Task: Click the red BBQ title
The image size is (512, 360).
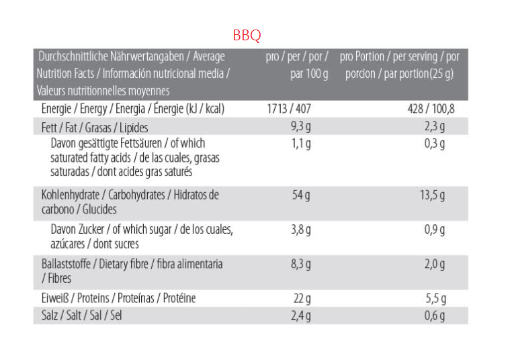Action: click(247, 36)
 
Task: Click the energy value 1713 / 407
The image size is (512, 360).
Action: click(289, 109)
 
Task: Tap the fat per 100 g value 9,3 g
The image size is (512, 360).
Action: click(300, 128)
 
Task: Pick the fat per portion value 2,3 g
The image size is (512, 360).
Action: click(435, 128)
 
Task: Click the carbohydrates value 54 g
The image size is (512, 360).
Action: click(300, 195)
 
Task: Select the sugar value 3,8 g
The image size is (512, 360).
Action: click(300, 230)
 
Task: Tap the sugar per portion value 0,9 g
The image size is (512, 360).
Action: click(435, 230)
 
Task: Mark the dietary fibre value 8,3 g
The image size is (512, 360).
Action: click(300, 265)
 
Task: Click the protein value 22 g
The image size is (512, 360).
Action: click(302, 298)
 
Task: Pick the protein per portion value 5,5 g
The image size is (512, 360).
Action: click(435, 298)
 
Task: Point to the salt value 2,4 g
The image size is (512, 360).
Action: click(300, 316)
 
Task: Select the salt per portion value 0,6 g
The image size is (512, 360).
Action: click(435, 316)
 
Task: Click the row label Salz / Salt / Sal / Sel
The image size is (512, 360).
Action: click(81, 316)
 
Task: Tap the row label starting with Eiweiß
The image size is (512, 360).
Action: click(118, 298)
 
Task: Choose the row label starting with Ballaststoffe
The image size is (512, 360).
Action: click(132, 265)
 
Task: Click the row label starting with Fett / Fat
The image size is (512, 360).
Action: click(95, 128)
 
